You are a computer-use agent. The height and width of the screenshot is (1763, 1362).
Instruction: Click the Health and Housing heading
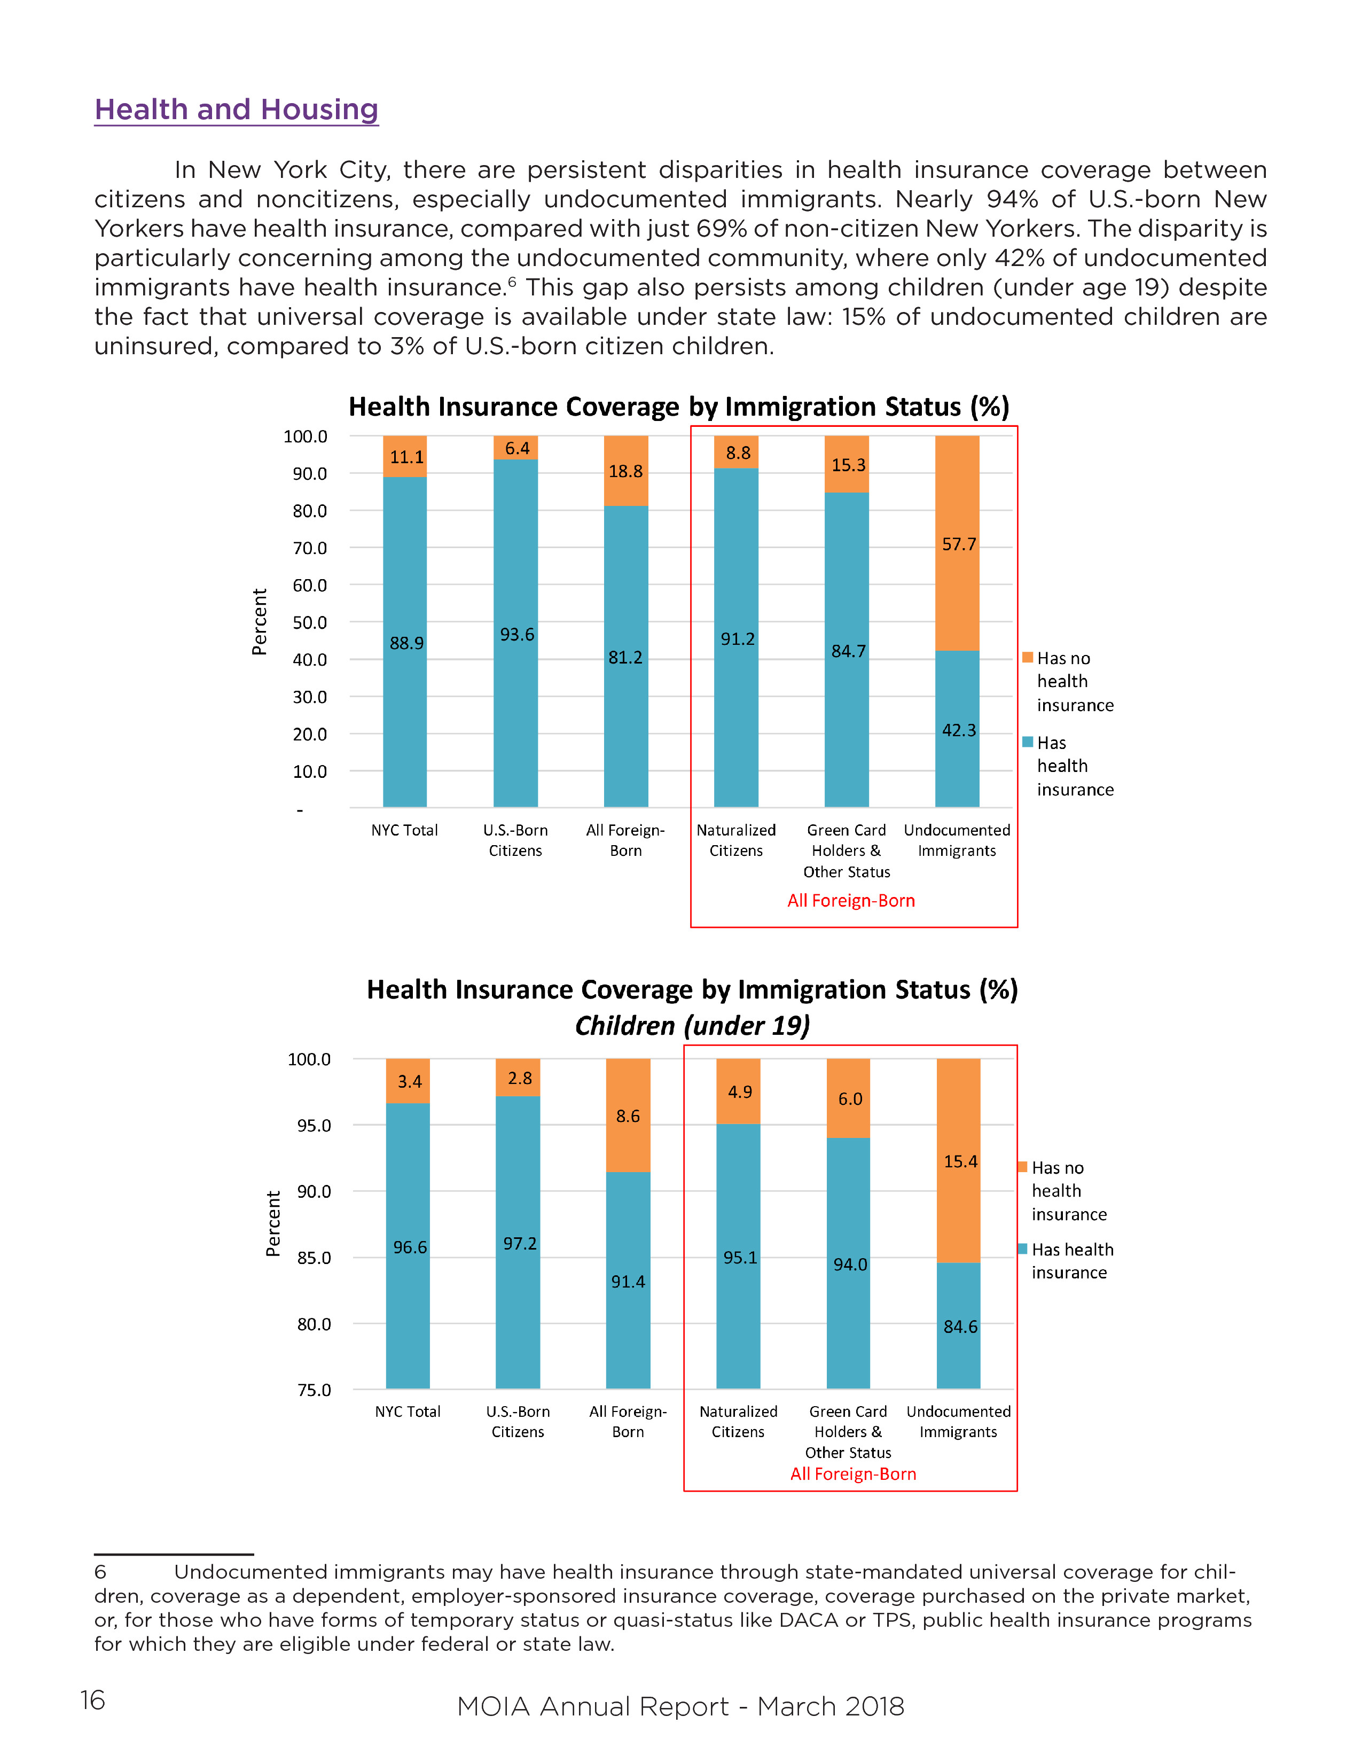tap(237, 110)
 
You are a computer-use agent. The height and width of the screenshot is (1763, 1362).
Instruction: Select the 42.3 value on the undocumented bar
tap(959, 730)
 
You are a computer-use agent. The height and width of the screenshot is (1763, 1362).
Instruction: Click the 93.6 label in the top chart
tap(516, 635)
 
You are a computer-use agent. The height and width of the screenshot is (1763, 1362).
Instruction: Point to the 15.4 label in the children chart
tap(960, 1161)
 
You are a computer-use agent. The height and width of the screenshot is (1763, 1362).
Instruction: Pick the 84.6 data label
tap(960, 1327)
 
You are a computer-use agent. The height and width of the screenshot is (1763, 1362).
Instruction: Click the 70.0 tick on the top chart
tap(310, 549)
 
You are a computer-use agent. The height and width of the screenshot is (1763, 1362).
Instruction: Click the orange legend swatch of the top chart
tap(1027, 658)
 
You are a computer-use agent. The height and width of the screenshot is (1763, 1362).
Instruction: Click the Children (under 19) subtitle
tap(692, 1026)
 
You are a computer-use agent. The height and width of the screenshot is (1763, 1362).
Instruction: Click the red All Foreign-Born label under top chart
tap(851, 901)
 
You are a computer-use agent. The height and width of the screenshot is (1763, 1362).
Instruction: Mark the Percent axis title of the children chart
tap(273, 1224)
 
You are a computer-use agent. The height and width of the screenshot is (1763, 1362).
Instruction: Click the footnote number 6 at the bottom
tap(100, 1572)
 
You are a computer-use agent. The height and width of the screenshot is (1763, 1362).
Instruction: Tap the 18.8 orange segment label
tap(625, 471)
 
